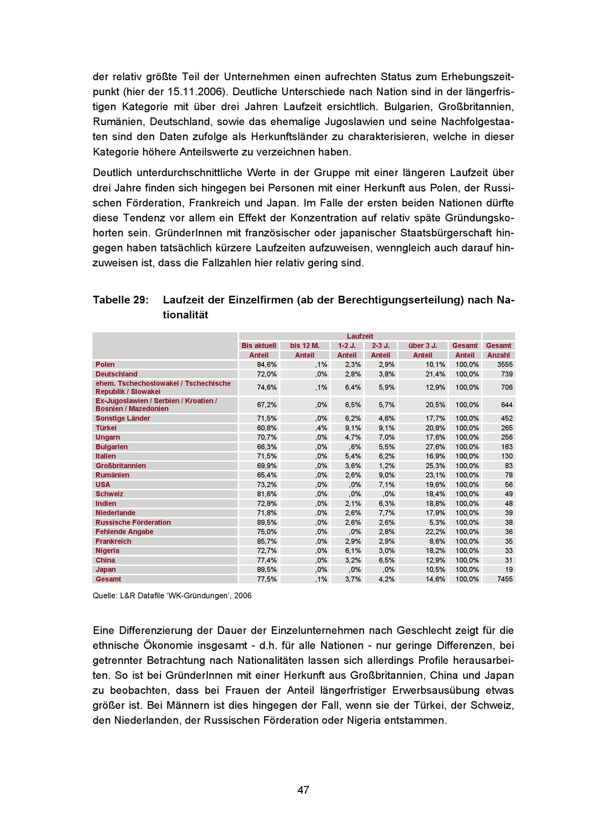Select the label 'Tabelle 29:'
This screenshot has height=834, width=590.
coord(121,300)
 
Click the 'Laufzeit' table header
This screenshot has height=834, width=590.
coord(360,336)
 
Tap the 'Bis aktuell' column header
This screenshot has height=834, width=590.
coord(258,346)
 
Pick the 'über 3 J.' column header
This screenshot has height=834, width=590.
coord(422,346)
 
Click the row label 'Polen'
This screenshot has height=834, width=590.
coord(105,365)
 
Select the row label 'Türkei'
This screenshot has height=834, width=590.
coord(106,428)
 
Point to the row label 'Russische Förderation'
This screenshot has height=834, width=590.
coord(133,522)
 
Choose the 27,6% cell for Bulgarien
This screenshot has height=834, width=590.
coord(435,447)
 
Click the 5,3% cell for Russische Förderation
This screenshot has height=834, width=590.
coord(437,522)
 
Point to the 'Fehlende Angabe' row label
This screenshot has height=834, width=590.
coord(124,532)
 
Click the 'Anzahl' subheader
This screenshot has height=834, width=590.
coord(498,355)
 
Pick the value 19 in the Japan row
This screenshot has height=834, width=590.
coord(509,570)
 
